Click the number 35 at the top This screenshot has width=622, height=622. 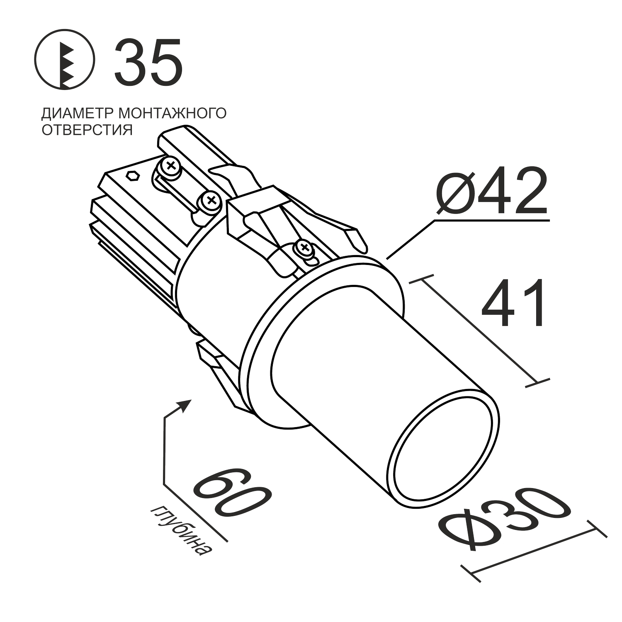[x=148, y=62]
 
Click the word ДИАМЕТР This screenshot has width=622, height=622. [x=78, y=113]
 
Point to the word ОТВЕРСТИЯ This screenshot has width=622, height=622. [x=87, y=130]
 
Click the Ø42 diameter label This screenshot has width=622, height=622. [x=491, y=191]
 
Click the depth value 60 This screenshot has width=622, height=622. [x=232, y=493]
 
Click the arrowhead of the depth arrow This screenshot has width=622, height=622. [x=186, y=403]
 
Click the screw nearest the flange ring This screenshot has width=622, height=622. [x=304, y=249]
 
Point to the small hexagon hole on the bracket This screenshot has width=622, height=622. [x=132, y=176]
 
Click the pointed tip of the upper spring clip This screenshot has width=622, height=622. [x=357, y=241]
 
